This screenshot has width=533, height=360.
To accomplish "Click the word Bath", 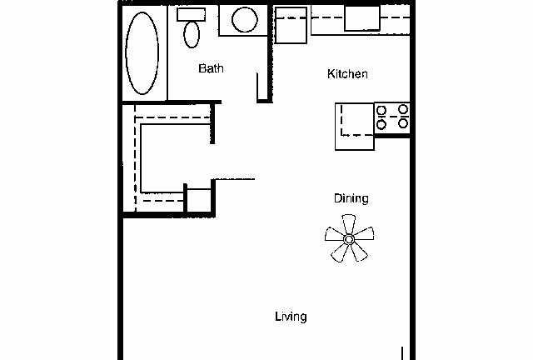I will point(211,68).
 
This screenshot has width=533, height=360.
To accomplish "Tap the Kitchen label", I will point(346,74).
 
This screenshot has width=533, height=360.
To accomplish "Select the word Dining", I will point(351,198).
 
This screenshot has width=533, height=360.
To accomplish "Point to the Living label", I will point(291,317).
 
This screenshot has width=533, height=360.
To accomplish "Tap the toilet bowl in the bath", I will point(192,34).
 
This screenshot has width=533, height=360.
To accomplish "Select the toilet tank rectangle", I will point(192,14).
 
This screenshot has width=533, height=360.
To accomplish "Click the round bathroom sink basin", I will point(245,20).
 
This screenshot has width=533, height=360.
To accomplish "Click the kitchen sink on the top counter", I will point(362,18).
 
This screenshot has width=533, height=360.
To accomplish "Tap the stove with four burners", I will point(392,117).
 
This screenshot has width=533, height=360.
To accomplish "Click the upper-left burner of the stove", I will point(382,109).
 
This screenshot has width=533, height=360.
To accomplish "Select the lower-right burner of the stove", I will point(402,124).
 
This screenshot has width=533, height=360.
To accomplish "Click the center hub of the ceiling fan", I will point(349,239).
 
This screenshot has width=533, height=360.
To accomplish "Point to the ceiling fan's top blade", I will point(348,222).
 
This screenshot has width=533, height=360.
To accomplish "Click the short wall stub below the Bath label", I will point(259,87).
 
